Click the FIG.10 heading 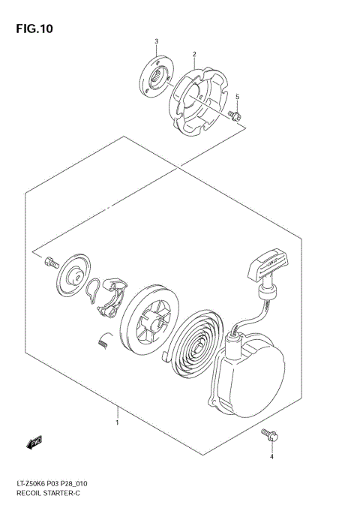(x=34, y=29)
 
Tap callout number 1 (x=117, y=422)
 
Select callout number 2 (x=194, y=54)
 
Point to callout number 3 (x=156, y=40)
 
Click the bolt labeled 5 (x=235, y=115)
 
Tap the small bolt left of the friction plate (x=51, y=262)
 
